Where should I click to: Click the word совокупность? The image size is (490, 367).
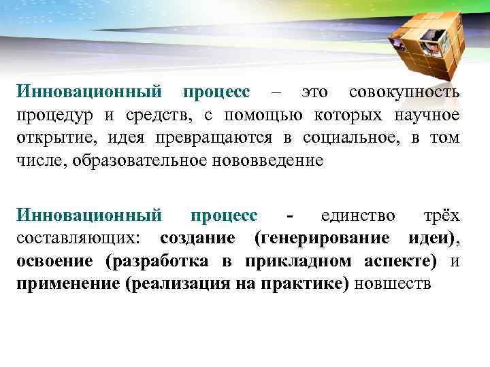(x=404, y=92)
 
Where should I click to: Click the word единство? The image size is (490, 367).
(x=358, y=215)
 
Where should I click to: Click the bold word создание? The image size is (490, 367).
(x=198, y=239)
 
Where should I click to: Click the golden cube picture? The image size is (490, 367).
(x=415, y=40)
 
